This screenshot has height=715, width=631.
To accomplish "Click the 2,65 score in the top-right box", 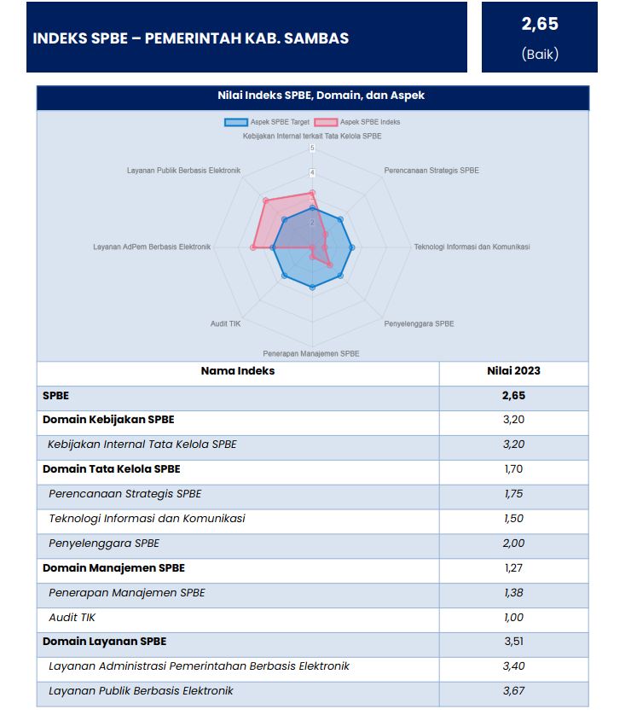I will point(539,25).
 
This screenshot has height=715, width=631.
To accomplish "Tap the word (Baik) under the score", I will point(539,54).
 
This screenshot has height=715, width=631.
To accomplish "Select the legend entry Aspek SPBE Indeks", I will point(357,122).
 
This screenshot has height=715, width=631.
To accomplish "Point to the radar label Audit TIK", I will point(226,323).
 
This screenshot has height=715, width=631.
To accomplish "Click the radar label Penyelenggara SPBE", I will point(419,323).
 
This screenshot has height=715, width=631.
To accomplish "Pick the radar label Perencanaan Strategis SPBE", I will point(431,171).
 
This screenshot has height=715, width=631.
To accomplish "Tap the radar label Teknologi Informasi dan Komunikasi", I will point(472,247).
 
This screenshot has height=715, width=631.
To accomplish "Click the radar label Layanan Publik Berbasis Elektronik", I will point(183,171).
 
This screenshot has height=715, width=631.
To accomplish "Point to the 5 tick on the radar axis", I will point(312,148).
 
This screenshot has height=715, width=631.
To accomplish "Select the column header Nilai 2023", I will point(513,371).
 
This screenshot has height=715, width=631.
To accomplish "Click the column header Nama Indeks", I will point(237,371).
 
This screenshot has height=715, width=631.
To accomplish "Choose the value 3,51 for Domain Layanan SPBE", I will point(513,642).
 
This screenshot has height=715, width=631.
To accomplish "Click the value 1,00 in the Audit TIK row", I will point(513,617).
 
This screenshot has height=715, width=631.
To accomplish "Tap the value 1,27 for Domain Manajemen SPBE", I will point(513,567).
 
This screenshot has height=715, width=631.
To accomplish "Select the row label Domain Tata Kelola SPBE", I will point(111,469).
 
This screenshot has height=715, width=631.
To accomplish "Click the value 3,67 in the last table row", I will point(513,691).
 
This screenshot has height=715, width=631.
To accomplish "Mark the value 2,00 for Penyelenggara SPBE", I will point(513,544).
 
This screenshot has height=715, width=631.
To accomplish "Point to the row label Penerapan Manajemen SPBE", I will point(126,592).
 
